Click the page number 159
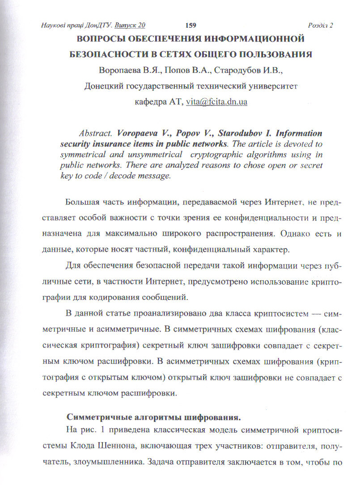pyautogui.click(x=191, y=25)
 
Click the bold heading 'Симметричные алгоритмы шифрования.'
pyautogui.click(x=154, y=418)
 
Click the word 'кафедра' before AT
pyautogui.click(x=150, y=101)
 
